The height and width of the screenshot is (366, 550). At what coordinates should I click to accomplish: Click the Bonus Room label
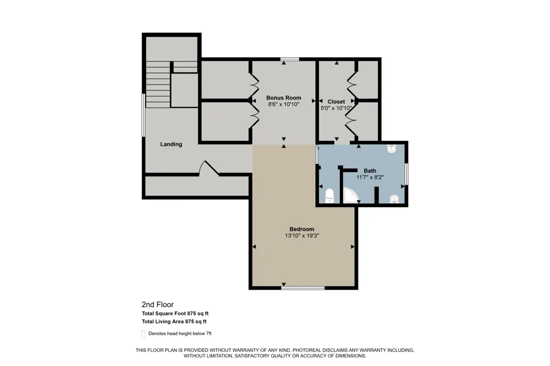[283, 98]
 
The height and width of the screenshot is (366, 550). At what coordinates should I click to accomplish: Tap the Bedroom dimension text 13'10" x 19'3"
[301, 236]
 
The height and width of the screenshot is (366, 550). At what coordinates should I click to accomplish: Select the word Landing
[171, 144]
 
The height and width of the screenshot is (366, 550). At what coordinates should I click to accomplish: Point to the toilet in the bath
[329, 196]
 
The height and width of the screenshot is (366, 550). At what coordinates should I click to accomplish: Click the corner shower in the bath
[350, 196]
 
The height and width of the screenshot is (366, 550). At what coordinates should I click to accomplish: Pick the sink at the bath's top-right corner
[392, 148]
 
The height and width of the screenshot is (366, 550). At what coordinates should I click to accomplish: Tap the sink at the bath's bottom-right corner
[394, 199]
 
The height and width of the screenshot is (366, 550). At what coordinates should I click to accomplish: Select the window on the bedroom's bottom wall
[303, 288]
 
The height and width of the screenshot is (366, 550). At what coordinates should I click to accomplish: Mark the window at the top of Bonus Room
[289, 59]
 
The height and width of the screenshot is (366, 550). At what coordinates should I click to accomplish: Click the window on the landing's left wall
[144, 115]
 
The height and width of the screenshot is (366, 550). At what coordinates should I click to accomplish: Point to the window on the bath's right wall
[406, 174]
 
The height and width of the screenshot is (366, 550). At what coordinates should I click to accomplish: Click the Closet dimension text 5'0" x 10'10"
[336, 108]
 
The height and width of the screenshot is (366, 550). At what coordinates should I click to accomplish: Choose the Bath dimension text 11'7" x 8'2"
[370, 178]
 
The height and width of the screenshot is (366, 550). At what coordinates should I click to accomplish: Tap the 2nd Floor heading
[157, 304]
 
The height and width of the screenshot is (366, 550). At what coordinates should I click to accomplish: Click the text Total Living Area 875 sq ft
[174, 321]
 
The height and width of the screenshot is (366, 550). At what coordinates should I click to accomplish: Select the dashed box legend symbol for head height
[144, 334]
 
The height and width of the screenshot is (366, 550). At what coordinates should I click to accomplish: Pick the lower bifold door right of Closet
[351, 120]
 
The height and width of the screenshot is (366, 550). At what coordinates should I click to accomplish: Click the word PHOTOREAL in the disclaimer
[307, 350]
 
